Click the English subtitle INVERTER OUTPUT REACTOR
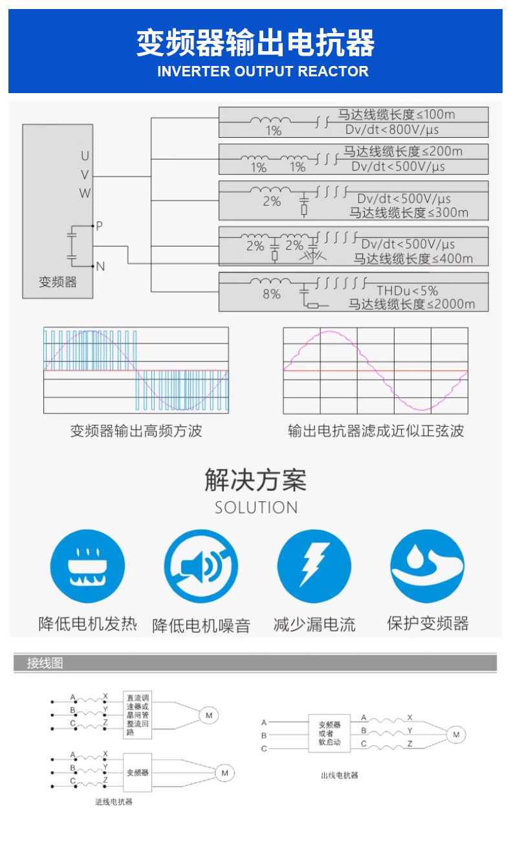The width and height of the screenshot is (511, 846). (x=263, y=71)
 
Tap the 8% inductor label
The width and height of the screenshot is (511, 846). (x=272, y=294)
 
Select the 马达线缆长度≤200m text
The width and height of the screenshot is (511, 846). (x=402, y=151)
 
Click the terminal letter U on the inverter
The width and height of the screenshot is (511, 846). (x=85, y=156)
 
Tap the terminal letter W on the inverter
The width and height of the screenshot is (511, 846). (x=85, y=193)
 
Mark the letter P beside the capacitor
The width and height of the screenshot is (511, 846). (x=100, y=226)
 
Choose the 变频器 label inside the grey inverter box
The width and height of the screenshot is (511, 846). (x=58, y=282)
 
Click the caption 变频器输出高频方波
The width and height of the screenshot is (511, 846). (x=136, y=431)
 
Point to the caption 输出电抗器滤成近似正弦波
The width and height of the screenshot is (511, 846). (x=376, y=431)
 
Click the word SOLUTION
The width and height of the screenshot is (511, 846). (x=256, y=508)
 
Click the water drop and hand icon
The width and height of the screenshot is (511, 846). (x=427, y=565)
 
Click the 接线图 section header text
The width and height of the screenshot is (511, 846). (x=45, y=663)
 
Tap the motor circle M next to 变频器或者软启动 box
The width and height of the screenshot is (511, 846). (x=456, y=735)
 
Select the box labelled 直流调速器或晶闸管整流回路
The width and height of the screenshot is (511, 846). (x=138, y=715)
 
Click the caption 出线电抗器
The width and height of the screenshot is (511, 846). (x=340, y=775)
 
